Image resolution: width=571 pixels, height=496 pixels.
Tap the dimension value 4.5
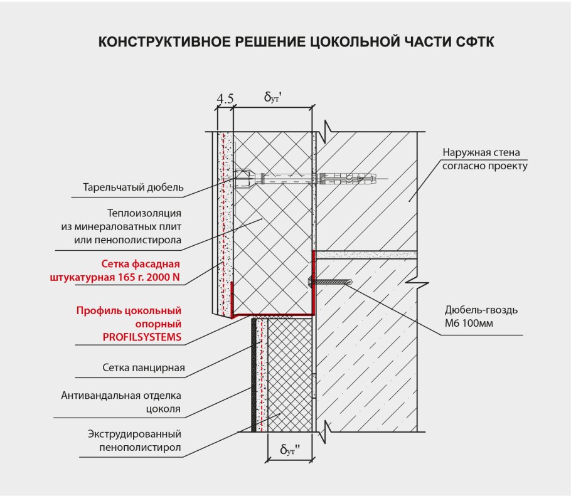225,98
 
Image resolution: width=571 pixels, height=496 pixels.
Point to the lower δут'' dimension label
289,450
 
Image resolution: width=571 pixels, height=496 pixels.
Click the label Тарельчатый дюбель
134,187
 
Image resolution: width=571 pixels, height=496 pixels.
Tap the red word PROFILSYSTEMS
142,337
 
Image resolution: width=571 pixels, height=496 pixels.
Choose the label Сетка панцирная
144,367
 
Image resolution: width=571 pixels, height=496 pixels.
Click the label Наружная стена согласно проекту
484,159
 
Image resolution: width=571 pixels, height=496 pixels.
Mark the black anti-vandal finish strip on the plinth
254,376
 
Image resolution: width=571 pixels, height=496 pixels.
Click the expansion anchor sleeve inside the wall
348,179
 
